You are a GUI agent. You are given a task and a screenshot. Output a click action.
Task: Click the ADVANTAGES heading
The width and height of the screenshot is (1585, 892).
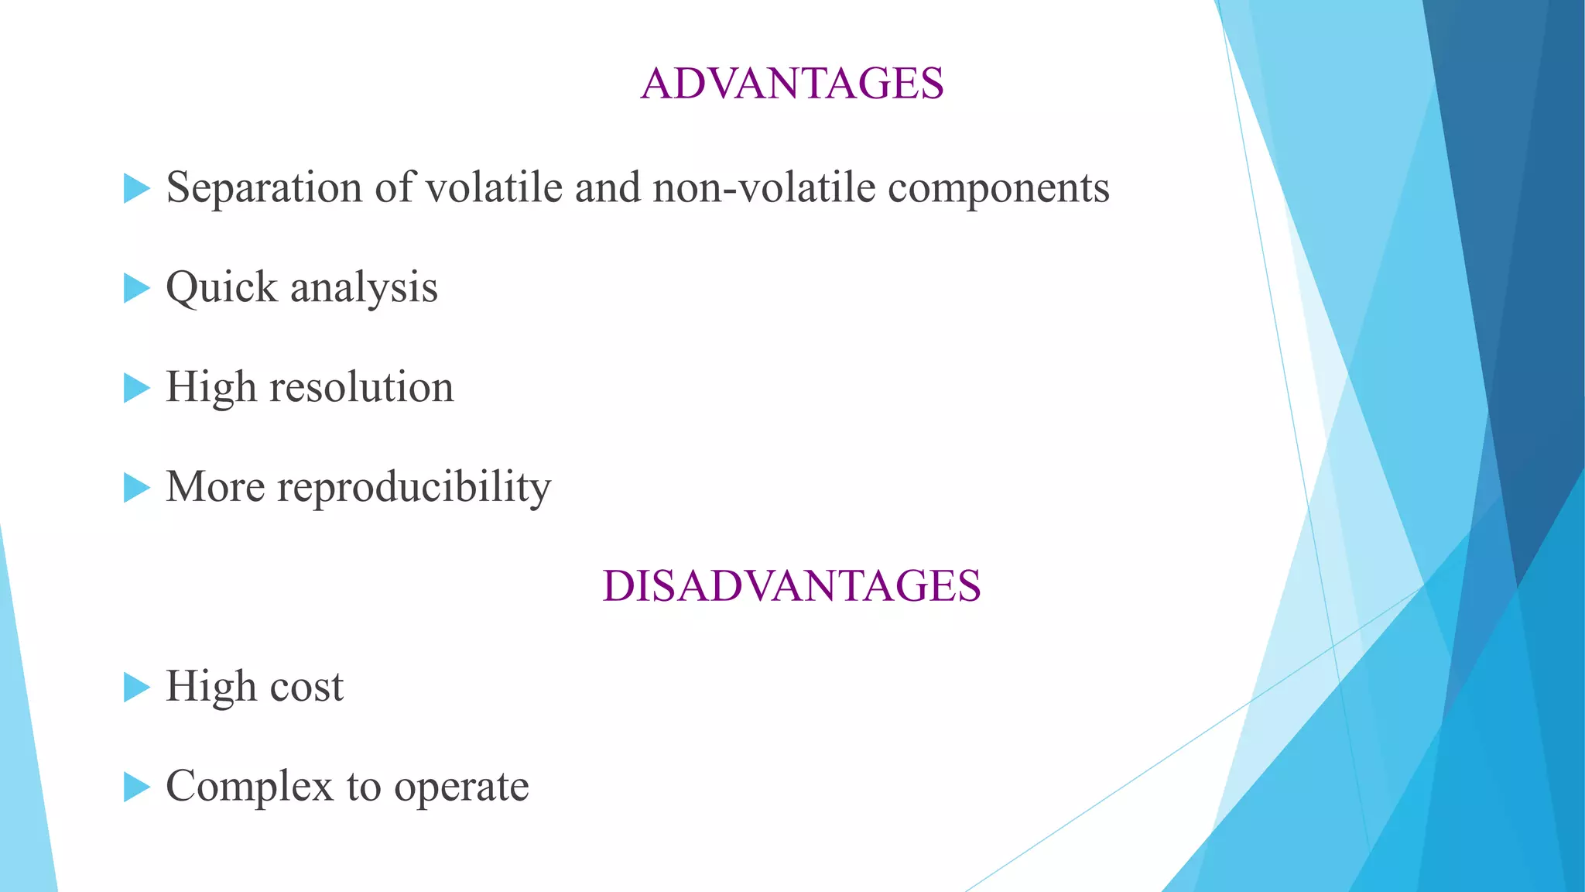792,84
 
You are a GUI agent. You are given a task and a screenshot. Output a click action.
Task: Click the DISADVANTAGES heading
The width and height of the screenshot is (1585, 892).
792,585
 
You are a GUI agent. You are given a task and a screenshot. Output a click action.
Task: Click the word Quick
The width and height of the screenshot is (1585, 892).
221,288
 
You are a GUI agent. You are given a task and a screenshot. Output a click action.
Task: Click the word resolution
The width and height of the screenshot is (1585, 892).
361,387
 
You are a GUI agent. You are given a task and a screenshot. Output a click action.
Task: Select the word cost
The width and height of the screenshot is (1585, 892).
306,687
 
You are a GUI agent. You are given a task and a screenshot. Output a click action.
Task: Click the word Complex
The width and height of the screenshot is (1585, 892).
249,787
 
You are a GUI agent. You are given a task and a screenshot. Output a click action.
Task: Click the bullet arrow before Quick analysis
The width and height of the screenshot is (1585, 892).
136,289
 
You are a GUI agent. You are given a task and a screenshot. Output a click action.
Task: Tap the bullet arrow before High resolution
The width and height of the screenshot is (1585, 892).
136,388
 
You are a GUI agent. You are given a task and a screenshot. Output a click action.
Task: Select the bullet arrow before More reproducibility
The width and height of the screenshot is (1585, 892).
136,488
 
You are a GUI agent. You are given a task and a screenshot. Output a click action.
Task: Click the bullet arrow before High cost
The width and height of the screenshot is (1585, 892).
136,687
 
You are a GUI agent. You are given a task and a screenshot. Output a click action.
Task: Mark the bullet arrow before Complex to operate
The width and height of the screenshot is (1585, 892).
136,787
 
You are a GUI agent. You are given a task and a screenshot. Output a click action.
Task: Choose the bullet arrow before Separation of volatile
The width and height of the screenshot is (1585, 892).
136,188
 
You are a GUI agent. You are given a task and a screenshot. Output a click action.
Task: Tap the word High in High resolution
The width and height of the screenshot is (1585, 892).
211,387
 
